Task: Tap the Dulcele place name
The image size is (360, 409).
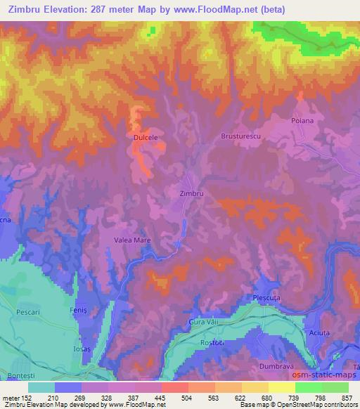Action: tap(145, 139)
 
